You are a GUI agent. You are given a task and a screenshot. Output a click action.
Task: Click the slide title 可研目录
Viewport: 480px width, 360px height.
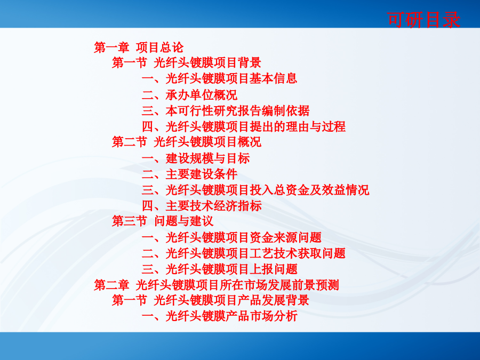[423, 20]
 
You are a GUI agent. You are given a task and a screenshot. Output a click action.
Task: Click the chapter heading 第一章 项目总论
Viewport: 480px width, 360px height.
[139, 47]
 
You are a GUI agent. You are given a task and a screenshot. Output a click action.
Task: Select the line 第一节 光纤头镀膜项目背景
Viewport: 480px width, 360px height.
[187, 63]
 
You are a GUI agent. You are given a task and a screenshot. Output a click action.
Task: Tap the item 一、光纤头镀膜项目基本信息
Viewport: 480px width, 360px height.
[219, 79]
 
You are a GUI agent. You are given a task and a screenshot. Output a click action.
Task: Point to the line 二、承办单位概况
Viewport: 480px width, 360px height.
[189, 95]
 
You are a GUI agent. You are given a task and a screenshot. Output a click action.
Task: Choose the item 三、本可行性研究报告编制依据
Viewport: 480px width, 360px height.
[226, 111]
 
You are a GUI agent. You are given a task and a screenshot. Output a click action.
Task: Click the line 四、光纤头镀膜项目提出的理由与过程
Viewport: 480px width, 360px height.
[244, 126]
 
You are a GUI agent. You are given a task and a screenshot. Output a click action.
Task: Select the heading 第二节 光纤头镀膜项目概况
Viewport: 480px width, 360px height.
[187, 142]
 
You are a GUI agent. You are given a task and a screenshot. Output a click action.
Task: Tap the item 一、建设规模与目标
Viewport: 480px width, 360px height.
[196, 158]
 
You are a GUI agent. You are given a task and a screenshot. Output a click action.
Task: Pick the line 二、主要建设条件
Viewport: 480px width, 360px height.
[189, 174]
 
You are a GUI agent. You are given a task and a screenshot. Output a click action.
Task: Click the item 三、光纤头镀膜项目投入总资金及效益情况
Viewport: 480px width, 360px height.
[255, 190]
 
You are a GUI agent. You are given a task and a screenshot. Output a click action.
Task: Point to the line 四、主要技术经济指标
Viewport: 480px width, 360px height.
[202, 206]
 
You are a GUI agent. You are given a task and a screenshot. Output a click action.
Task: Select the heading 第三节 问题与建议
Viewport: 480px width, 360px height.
[163, 221]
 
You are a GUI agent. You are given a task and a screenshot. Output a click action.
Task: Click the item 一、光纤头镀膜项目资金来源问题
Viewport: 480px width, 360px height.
[231, 237]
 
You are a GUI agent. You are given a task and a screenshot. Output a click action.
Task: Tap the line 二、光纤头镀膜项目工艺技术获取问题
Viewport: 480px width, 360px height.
[244, 253]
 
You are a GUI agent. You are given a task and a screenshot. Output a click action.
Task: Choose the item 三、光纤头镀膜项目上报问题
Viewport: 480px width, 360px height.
[220, 269]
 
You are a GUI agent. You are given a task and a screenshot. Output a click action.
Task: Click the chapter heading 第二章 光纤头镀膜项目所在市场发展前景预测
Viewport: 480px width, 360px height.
[217, 285]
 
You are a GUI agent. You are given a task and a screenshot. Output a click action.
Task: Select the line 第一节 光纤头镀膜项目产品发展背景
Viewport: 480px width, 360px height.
[210, 300]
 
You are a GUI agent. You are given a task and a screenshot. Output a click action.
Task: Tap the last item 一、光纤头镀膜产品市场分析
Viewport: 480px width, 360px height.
[220, 316]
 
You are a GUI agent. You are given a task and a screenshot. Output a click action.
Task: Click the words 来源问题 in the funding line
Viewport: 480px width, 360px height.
[298, 237]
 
